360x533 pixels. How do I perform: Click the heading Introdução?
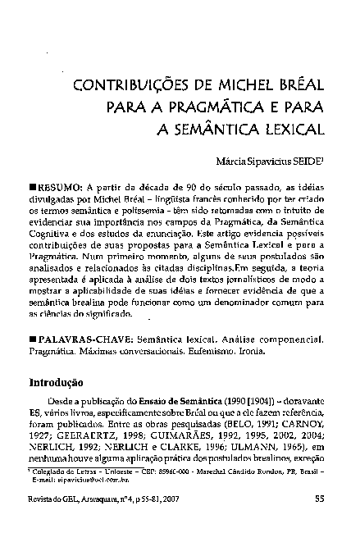click(x=57, y=381)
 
